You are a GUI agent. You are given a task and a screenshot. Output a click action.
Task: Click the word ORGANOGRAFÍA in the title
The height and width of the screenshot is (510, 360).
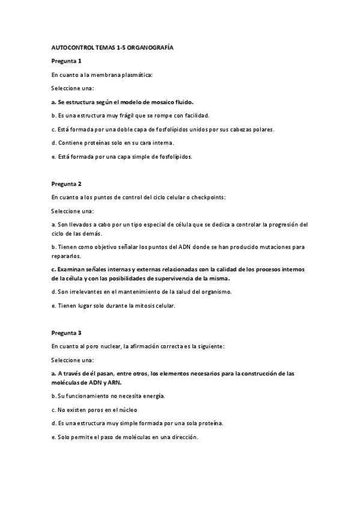coord(150,47)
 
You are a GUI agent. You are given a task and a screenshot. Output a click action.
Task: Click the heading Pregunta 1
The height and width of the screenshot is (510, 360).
coord(66,61)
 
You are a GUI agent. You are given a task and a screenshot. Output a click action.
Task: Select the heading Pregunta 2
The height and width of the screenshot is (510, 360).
coord(66,183)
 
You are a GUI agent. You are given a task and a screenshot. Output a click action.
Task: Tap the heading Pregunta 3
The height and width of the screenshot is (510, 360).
coord(66,332)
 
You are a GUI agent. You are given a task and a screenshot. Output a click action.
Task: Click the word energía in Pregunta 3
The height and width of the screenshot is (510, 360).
coord(151,396)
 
